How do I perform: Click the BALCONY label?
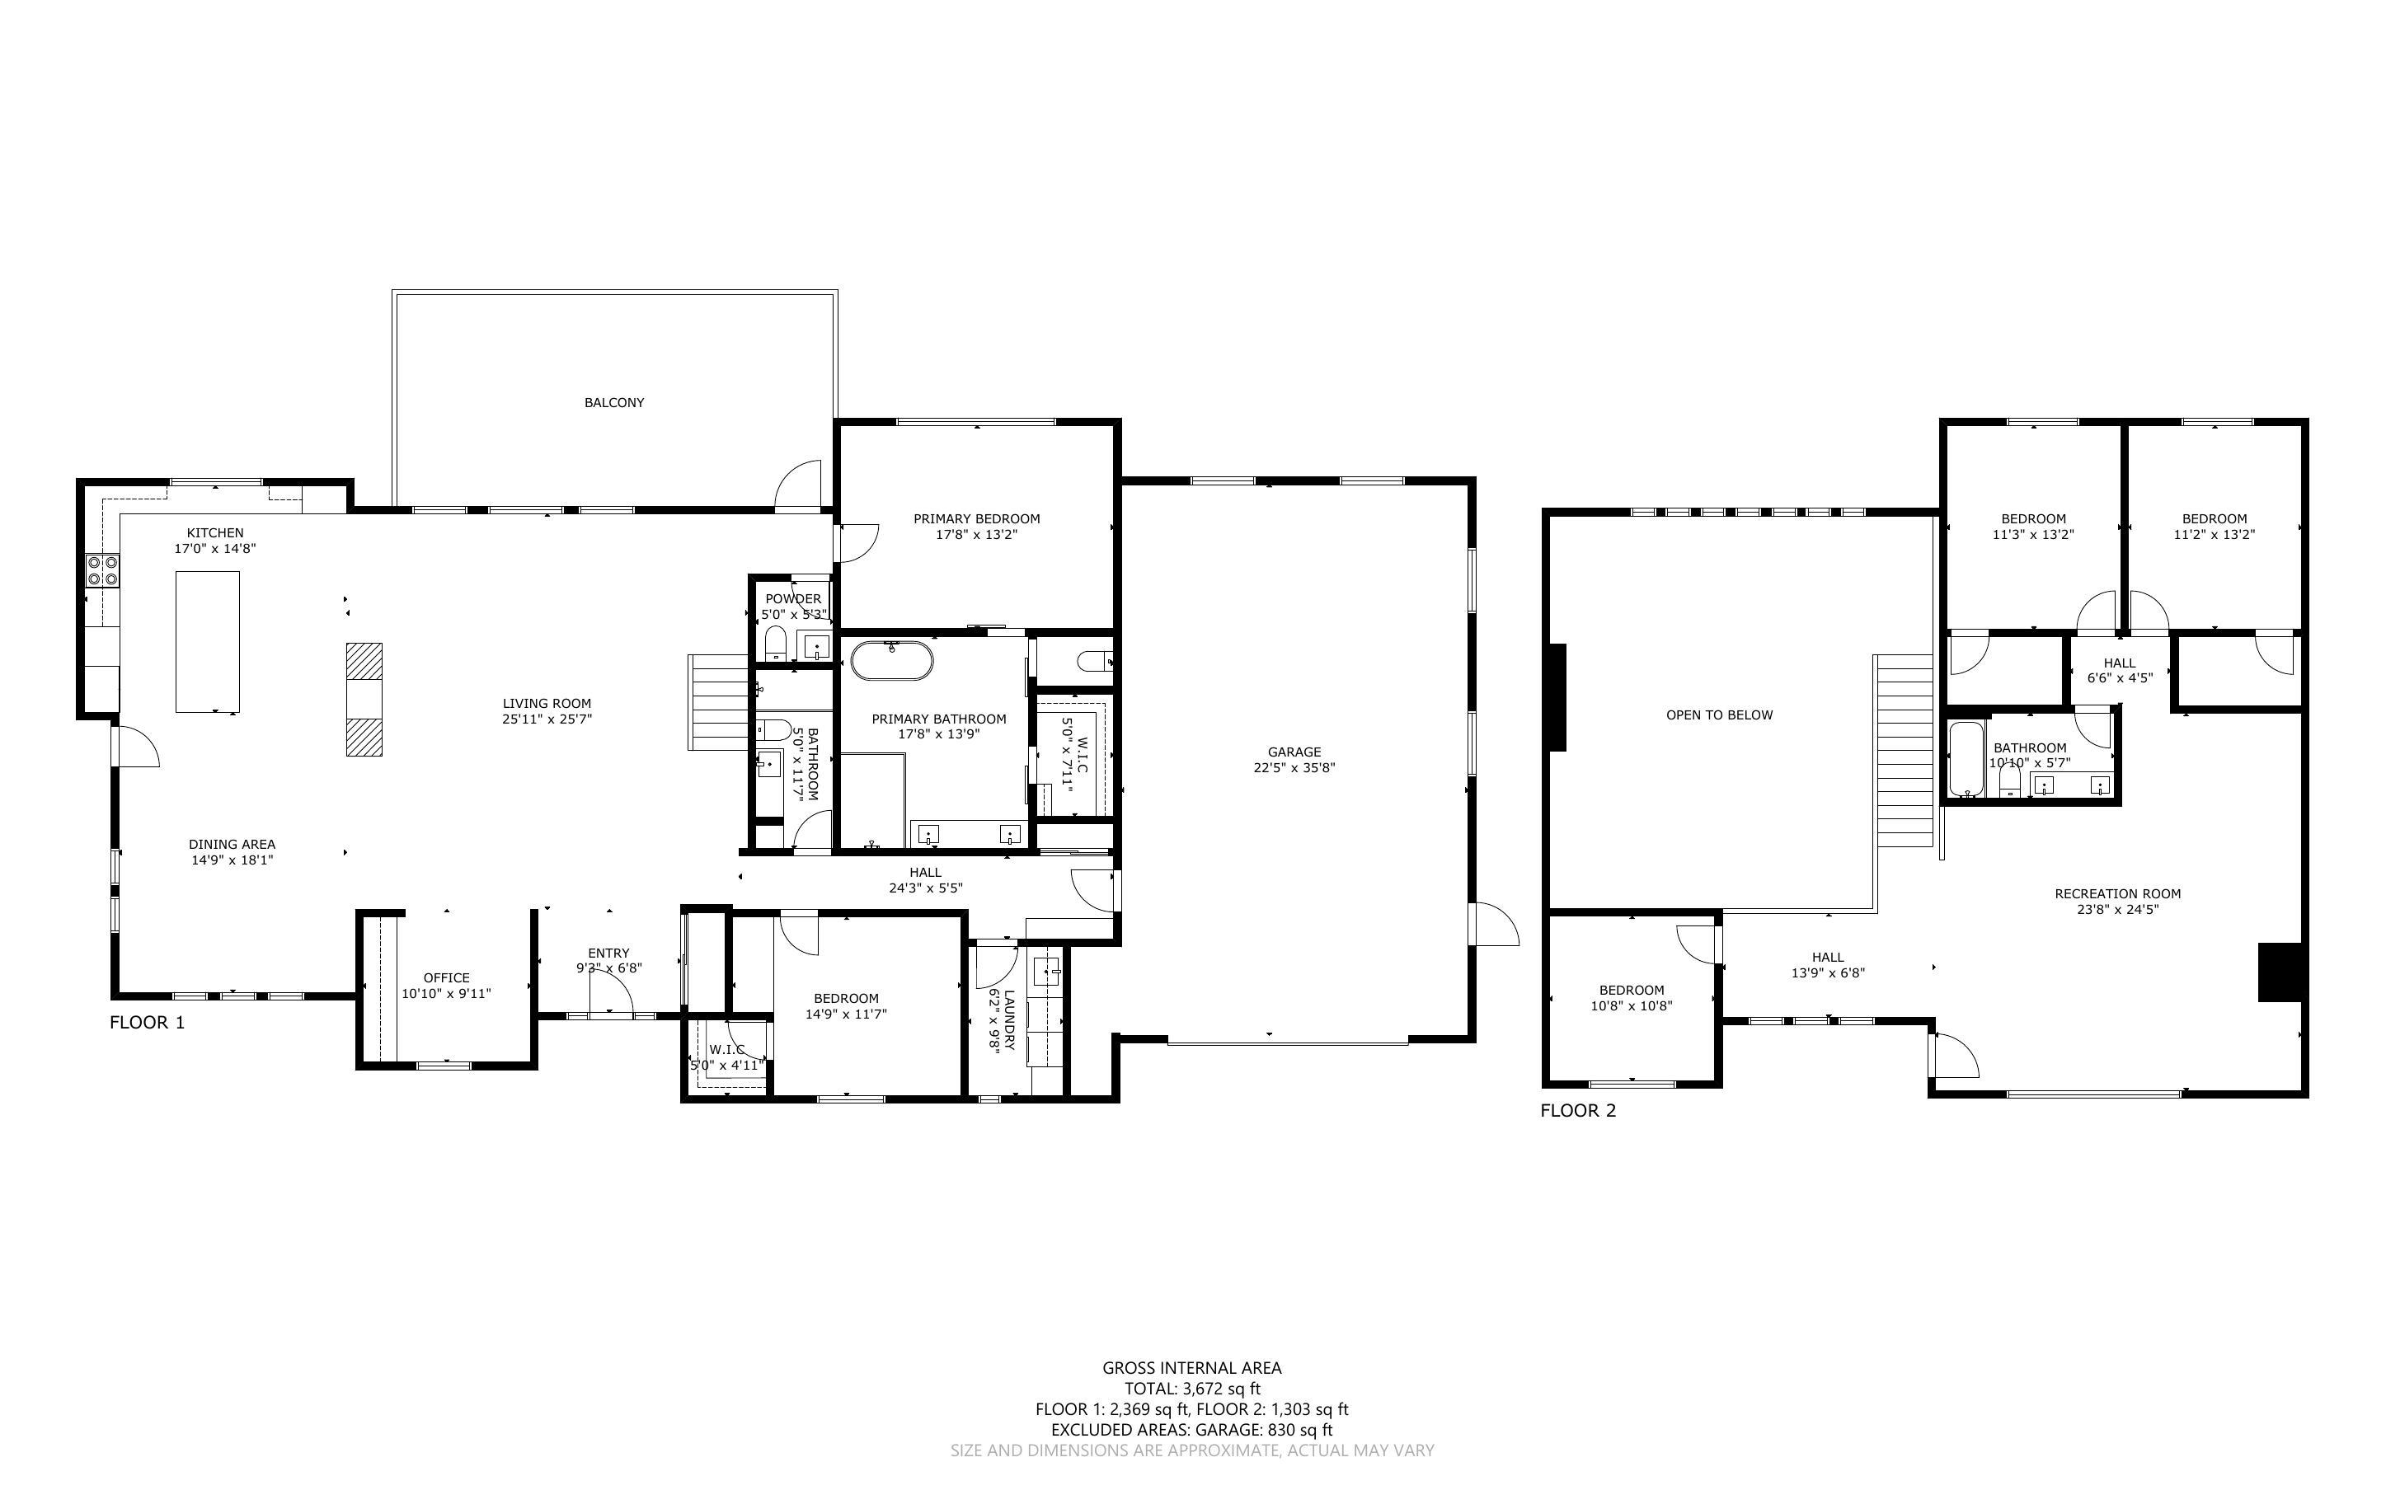(x=614, y=402)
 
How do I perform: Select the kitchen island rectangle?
(x=207, y=640)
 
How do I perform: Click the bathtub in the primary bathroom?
(x=891, y=660)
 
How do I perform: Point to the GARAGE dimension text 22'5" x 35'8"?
(x=1294, y=768)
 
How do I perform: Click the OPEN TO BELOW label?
(x=1719, y=715)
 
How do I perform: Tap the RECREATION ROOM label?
(x=2117, y=894)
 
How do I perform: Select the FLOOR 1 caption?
(x=147, y=1022)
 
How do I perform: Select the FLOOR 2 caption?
(x=1578, y=1111)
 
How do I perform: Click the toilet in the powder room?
(x=776, y=645)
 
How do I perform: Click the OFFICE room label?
(x=447, y=977)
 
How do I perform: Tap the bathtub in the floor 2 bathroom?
(x=1966, y=759)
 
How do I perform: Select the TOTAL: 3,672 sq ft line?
(x=1191, y=1389)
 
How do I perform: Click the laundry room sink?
(x=1046, y=972)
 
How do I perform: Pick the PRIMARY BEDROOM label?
(x=975, y=518)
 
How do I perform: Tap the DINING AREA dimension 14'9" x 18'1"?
(x=232, y=860)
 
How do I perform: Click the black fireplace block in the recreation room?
(x=2280, y=972)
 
